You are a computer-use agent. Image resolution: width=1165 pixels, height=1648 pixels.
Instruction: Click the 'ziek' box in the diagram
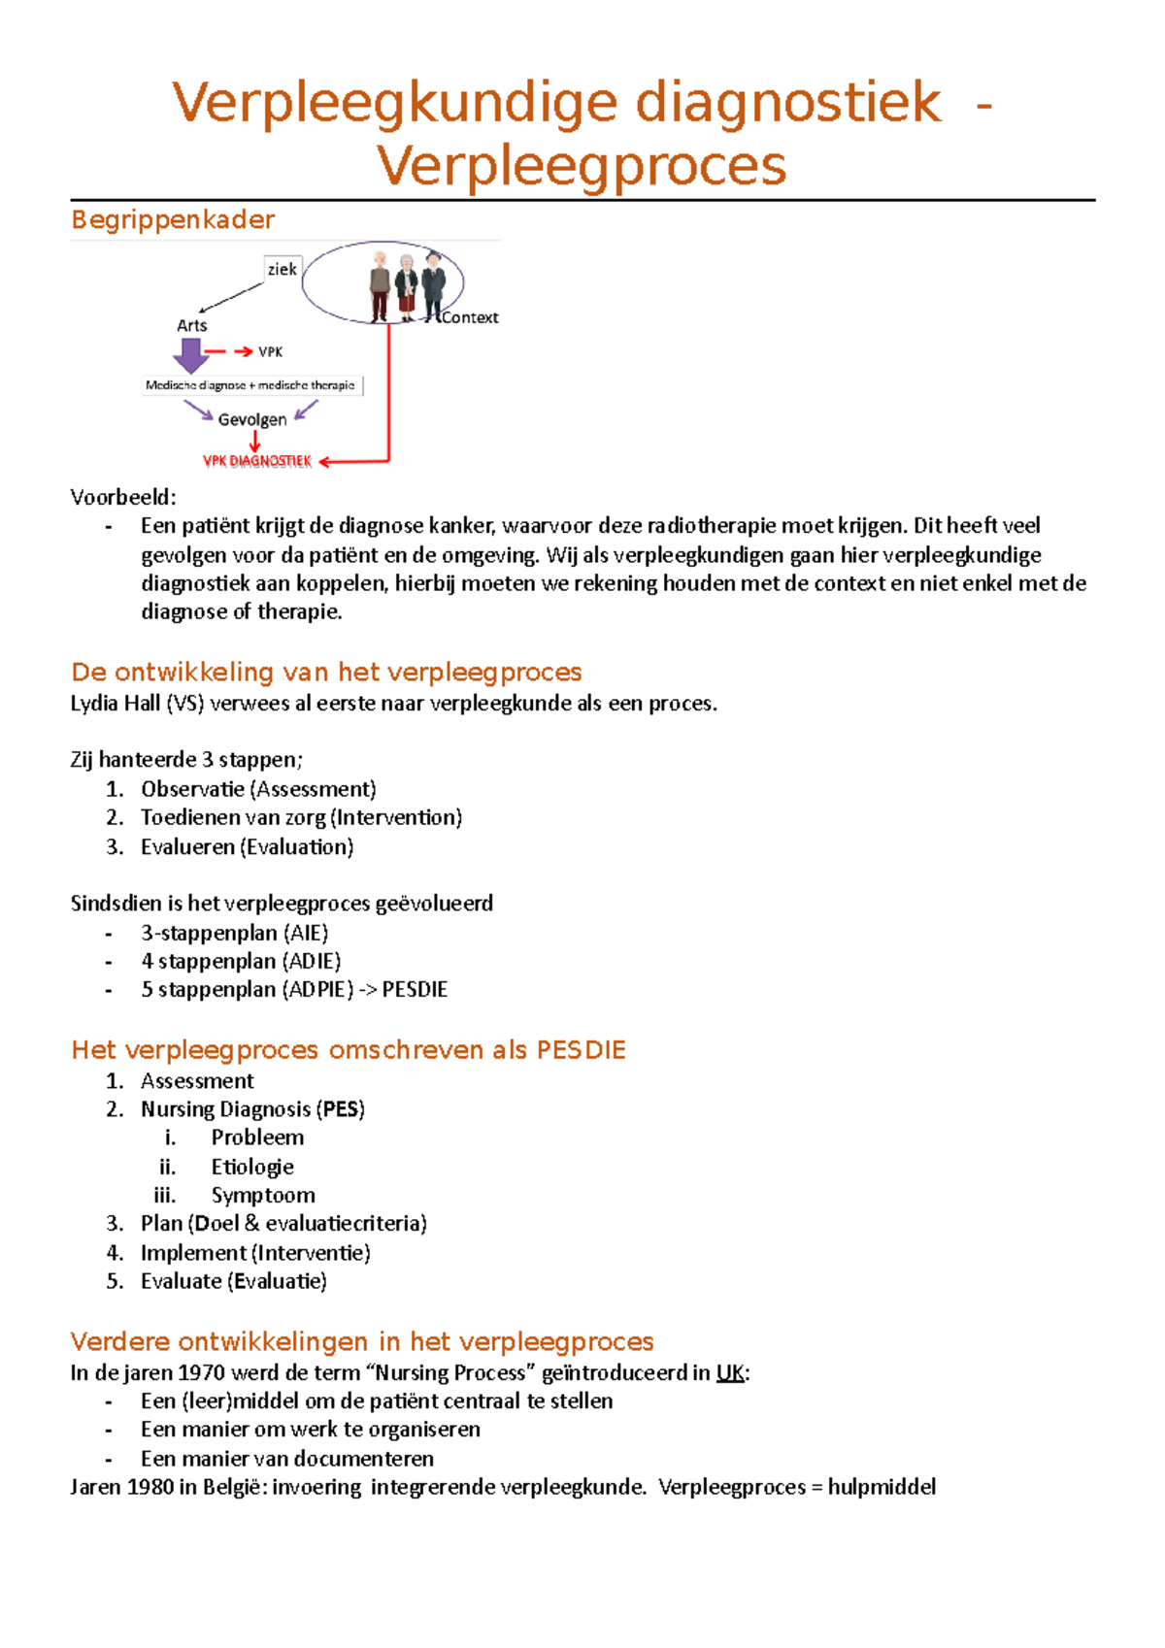[282, 269]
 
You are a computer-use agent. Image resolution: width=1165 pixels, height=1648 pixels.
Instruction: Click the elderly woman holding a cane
[406, 287]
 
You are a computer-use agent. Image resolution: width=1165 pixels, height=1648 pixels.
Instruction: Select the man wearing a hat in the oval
[433, 285]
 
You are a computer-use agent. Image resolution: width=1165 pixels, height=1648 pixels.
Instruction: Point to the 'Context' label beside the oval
[470, 317]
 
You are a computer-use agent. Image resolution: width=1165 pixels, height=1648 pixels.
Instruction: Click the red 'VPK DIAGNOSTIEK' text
[257, 461]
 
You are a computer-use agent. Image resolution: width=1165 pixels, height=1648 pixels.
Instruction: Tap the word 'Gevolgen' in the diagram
[252, 419]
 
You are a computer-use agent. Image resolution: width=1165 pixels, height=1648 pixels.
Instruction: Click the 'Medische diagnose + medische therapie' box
[250, 385]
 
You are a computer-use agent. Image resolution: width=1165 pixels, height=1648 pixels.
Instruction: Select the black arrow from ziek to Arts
[231, 297]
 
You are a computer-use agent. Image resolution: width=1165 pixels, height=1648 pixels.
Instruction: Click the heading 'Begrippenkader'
[173, 219]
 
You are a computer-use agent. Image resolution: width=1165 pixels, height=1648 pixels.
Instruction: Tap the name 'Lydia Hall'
[115, 704]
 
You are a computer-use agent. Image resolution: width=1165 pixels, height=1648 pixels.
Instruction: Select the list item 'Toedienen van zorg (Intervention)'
[301, 817]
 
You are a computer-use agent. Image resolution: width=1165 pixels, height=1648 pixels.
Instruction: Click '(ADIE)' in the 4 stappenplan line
[312, 961]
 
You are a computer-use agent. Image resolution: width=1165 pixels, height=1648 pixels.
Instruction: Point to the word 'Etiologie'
[252, 1167]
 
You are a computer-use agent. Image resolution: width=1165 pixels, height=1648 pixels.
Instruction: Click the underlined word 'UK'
[730, 1372]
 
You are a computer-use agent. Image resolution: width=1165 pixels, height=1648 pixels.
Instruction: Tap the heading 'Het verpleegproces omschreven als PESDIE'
[348, 1049]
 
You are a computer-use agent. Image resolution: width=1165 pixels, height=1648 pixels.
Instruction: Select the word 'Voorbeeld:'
[123, 498]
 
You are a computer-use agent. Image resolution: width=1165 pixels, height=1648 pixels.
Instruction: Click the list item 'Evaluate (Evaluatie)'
[233, 1281]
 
